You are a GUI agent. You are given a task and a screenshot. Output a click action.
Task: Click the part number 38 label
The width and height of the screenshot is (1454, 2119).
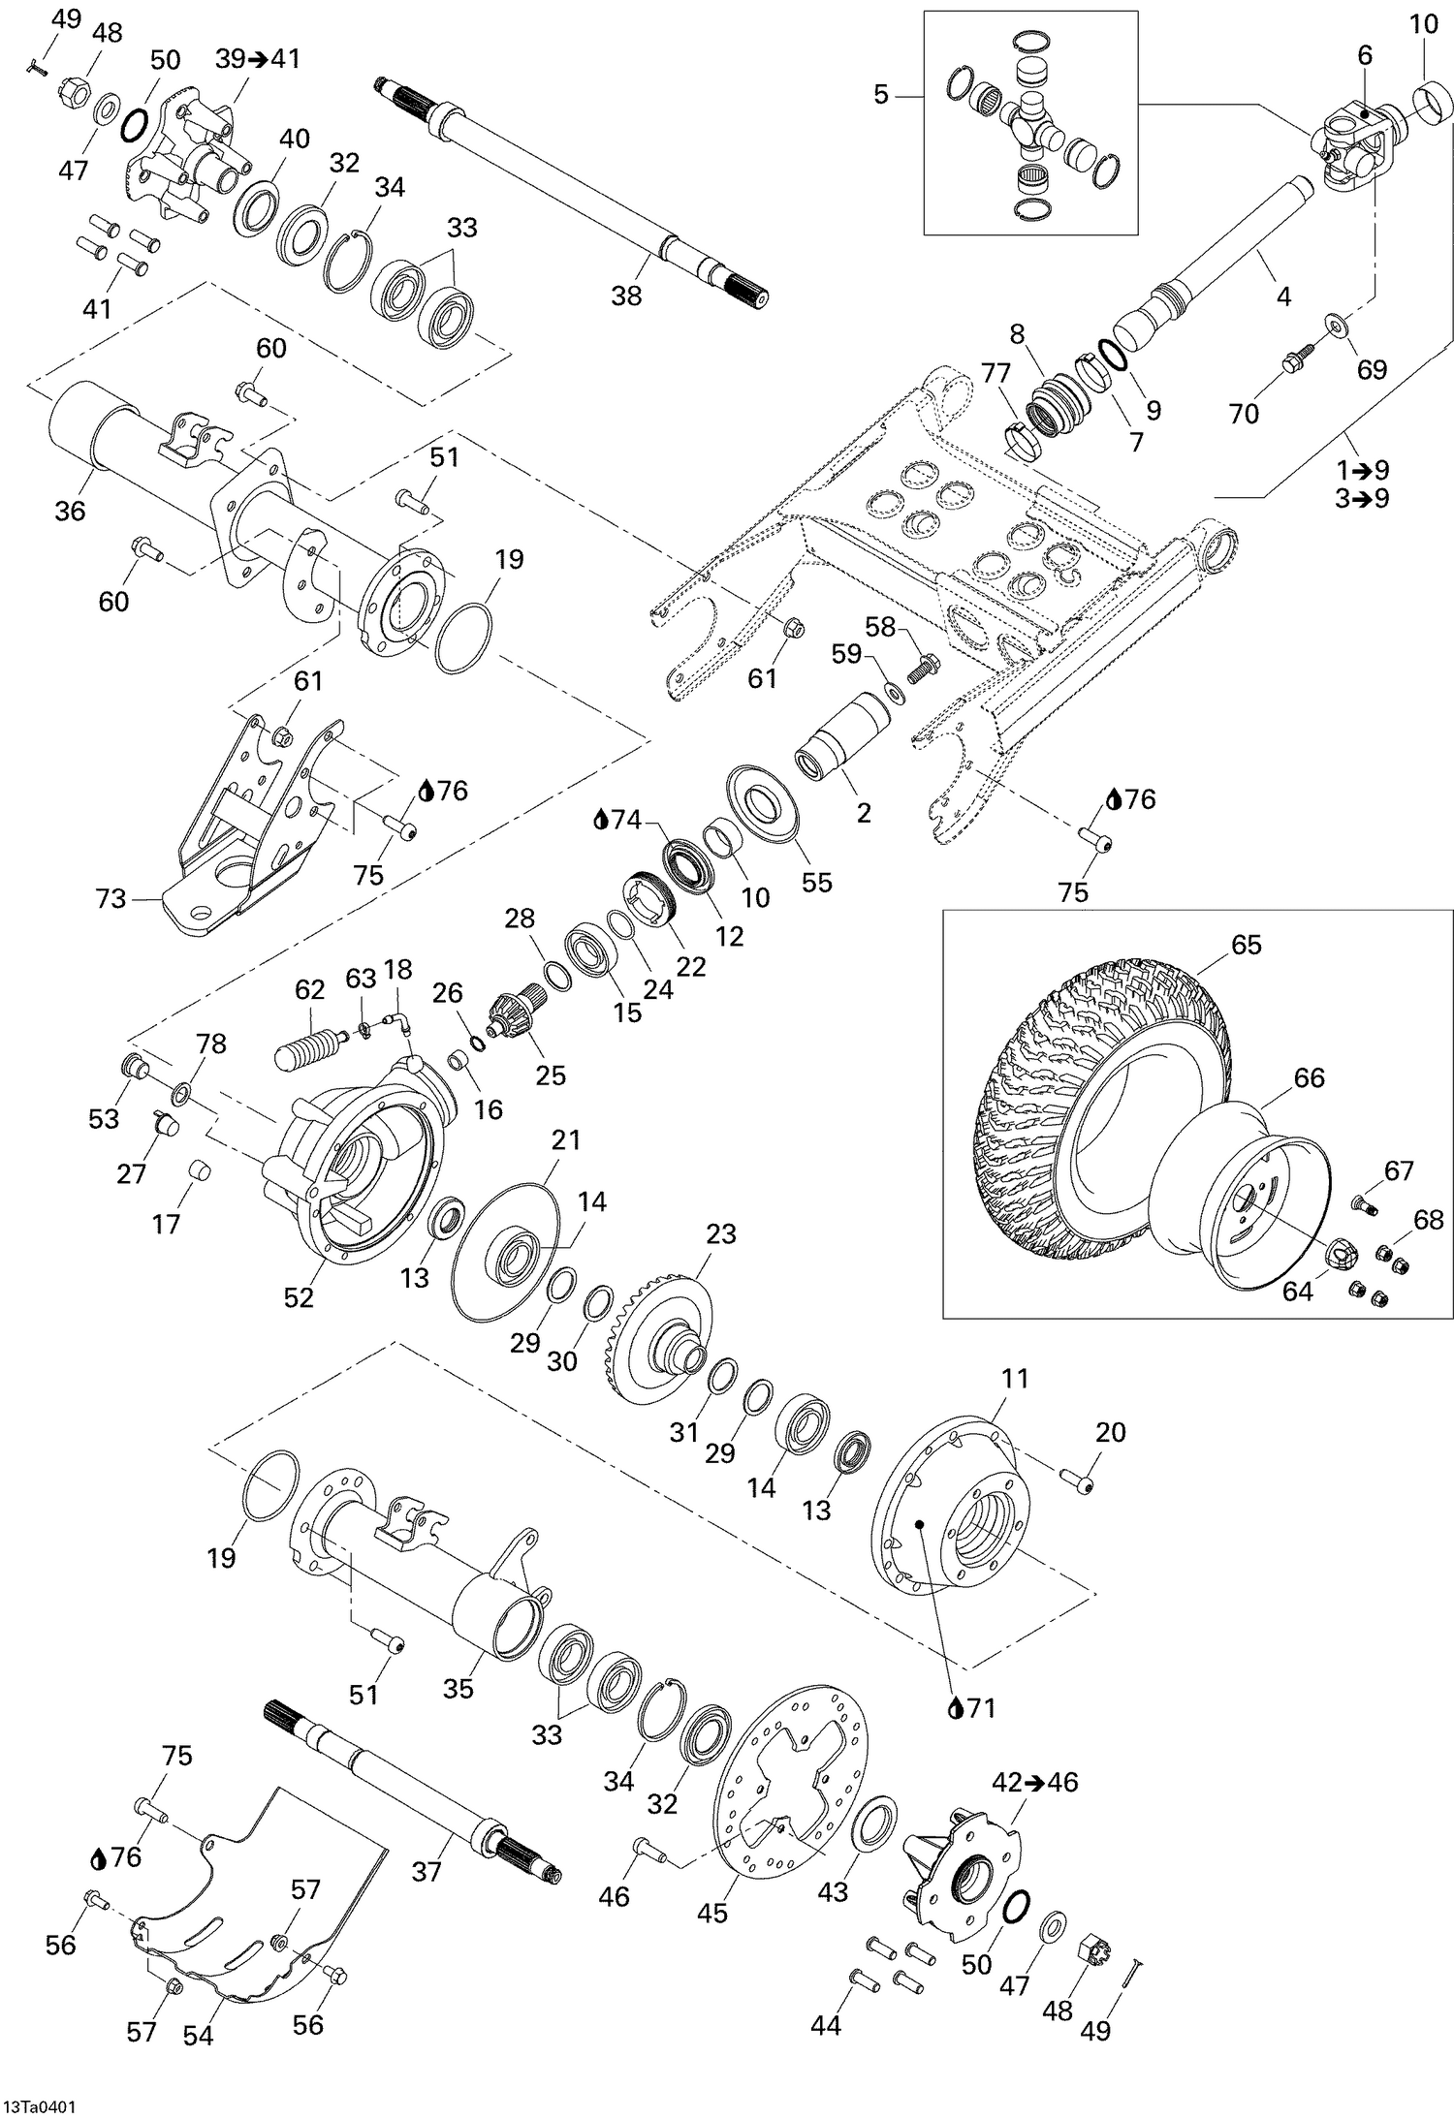click(x=626, y=296)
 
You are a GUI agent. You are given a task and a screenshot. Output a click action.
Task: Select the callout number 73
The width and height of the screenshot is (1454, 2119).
click(x=111, y=899)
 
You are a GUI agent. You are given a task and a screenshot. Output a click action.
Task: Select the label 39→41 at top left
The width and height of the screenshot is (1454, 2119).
click(x=258, y=58)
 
